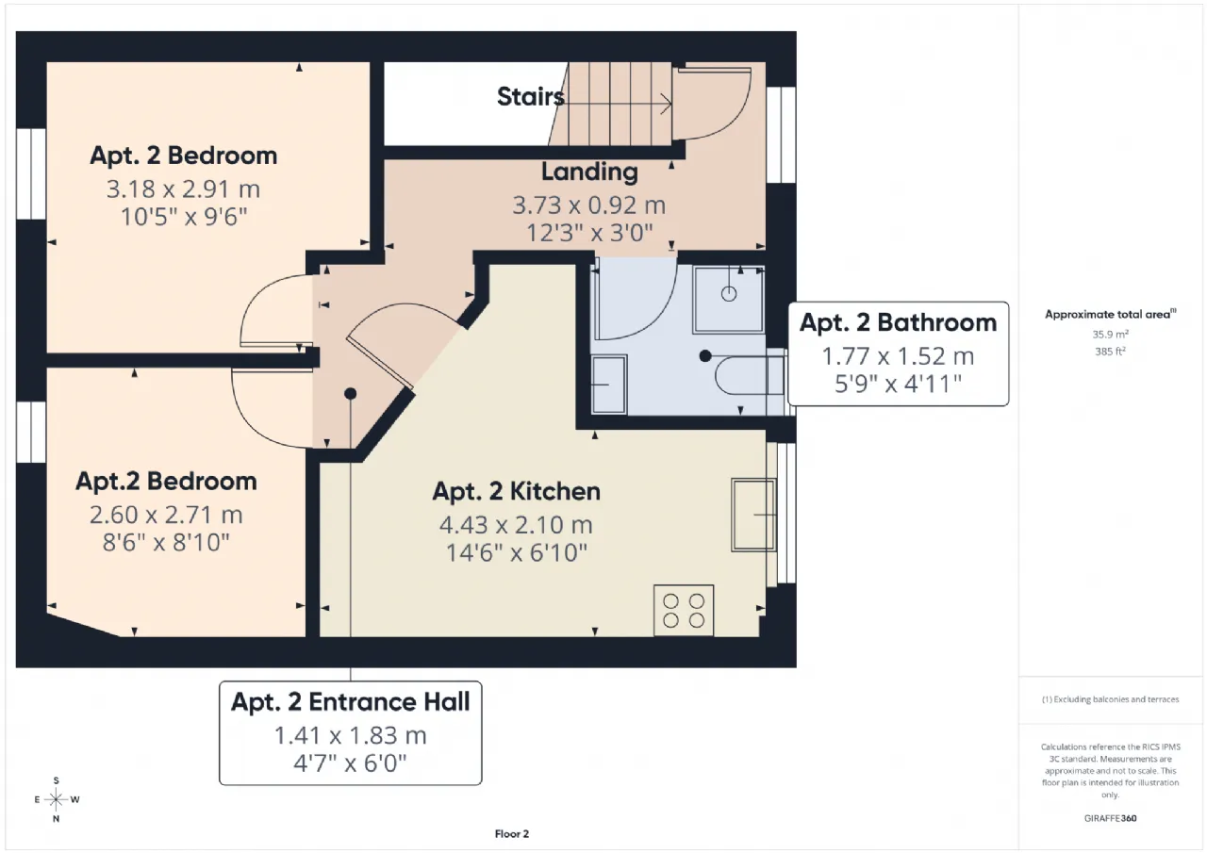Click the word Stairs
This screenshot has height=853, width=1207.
click(530, 97)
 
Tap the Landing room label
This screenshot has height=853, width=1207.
click(589, 172)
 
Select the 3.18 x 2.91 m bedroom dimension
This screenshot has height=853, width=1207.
click(183, 189)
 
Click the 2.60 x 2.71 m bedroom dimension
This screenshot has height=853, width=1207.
click(166, 515)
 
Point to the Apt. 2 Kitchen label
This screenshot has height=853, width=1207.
click(516, 492)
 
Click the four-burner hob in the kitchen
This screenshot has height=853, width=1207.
click(684, 610)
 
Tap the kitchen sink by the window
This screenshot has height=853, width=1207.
click(753, 515)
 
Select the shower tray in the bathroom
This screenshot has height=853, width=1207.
click(729, 300)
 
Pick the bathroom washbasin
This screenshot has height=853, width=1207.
click(609, 385)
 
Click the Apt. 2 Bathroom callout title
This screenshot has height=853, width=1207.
click(899, 322)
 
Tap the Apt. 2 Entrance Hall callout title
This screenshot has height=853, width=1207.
click(351, 701)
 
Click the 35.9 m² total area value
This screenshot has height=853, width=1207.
click(1111, 334)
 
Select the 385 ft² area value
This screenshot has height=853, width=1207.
click(1110, 352)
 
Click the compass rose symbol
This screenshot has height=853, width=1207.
click(56, 799)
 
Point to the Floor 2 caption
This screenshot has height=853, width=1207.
click(512, 833)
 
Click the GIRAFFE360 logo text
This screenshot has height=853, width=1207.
click(1111, 818)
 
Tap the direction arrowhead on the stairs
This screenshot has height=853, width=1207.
click(667, 104)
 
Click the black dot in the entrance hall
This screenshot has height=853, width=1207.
click(350, 394)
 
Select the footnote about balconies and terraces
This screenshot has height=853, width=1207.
click(1111, 699)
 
